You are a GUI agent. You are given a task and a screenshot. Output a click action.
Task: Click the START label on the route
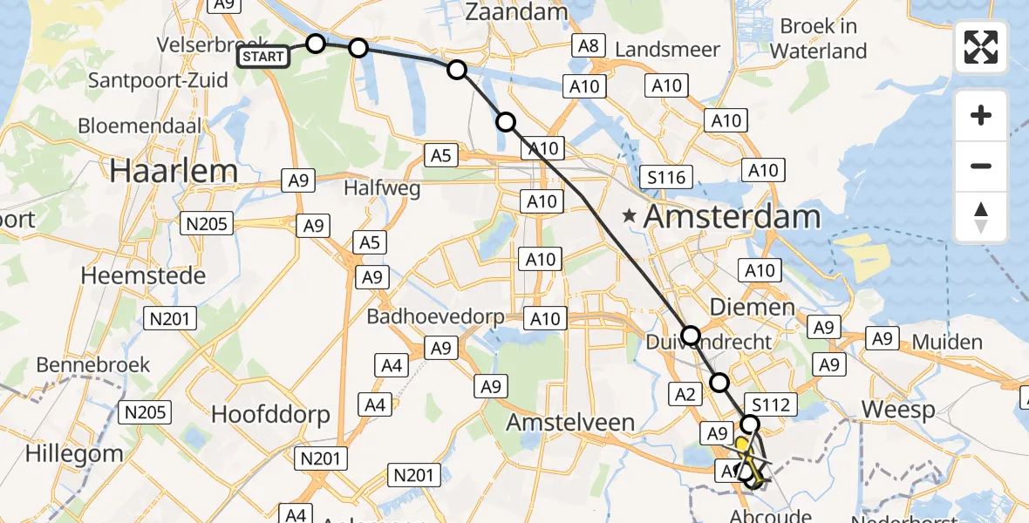click(x=263, y=58)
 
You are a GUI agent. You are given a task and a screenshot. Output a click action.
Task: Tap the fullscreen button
click(x=981, y=47)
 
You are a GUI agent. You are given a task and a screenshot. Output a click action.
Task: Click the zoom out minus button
click(x=981, y=166)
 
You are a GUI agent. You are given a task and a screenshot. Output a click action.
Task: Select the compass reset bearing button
click(x=981, y=216)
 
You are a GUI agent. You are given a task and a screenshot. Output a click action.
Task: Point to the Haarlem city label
click(x=174, y=171)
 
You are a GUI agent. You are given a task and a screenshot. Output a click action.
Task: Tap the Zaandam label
click(x=516, y=12)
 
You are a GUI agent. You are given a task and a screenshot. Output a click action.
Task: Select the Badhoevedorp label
click(x=435, y=316)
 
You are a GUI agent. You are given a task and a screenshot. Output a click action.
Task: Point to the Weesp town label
click(x=897, y=409)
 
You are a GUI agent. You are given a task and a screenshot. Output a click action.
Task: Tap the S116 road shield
click(x=667, y=178)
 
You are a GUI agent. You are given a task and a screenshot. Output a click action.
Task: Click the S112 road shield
click(x=770, y=404)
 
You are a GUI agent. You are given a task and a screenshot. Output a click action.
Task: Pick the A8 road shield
click(x=589, y=45)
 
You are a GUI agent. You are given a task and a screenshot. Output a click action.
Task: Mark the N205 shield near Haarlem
click(x=207, y=224)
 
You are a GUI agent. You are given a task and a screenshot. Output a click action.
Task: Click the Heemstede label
click(x=143, y=276)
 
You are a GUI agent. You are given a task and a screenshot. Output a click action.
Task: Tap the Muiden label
click(x=946, y=342)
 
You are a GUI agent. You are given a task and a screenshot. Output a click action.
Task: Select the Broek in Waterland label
click(x=818, y=38)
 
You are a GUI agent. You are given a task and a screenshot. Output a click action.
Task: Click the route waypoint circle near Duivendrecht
click(x=690, y=335)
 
